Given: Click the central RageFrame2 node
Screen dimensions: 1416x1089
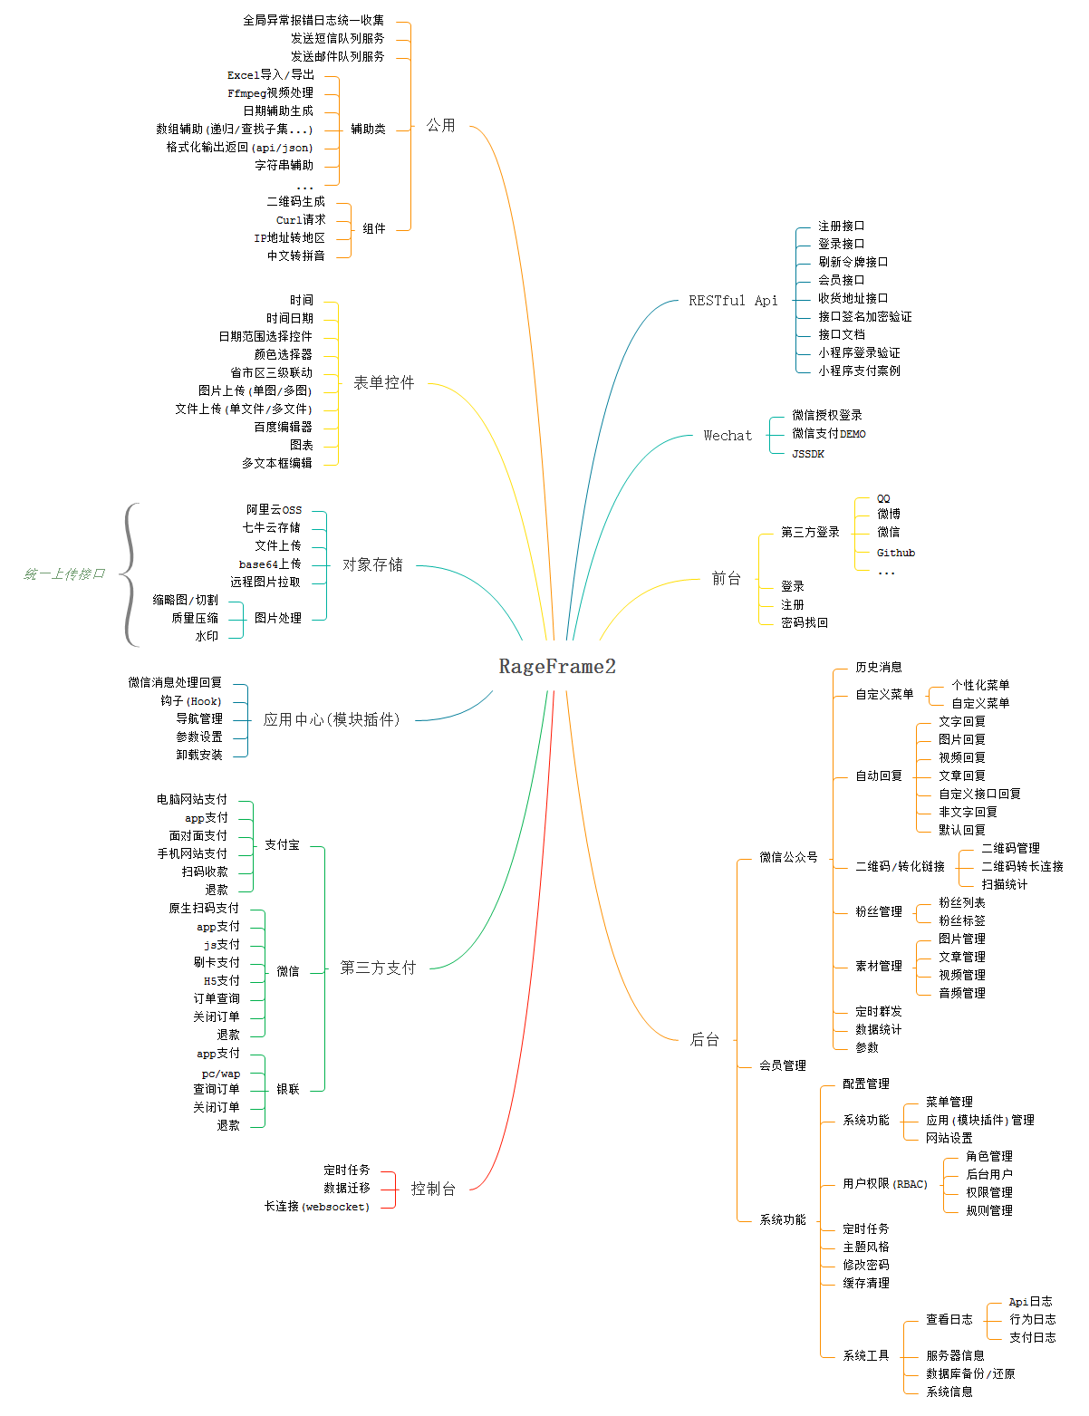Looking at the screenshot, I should [557, 667].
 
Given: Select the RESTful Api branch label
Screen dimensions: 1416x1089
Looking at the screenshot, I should [733, 301].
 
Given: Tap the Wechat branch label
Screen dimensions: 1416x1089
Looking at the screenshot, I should [728, 436].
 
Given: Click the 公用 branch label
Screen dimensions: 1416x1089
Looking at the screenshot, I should [441, 125].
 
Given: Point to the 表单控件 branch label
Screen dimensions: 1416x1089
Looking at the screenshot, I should [384, 382].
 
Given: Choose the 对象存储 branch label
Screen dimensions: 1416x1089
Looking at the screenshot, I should [372, 564].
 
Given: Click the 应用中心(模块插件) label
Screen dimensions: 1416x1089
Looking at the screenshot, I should [332, 719].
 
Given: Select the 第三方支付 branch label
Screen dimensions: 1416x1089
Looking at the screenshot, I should [378, 968].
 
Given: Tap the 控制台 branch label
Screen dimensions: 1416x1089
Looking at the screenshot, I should [433, 1189].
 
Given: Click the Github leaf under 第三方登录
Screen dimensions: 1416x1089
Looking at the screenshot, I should [896, 553].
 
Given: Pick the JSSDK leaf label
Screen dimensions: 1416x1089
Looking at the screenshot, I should [808, 454].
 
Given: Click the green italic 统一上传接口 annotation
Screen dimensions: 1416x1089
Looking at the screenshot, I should [64, 573].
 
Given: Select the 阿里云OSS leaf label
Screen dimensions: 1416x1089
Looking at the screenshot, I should [275, 510].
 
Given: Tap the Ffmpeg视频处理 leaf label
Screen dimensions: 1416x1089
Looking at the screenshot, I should [270, 93].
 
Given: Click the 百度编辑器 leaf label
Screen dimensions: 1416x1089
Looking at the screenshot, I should [283, 427].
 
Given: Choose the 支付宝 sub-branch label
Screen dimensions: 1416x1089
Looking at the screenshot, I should [282, 845].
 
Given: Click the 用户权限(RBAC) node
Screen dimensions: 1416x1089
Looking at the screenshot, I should [885, 1183].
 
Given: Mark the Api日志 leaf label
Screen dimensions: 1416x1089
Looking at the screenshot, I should [1031, 1302].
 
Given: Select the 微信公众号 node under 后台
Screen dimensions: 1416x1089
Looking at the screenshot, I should [788, 857].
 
